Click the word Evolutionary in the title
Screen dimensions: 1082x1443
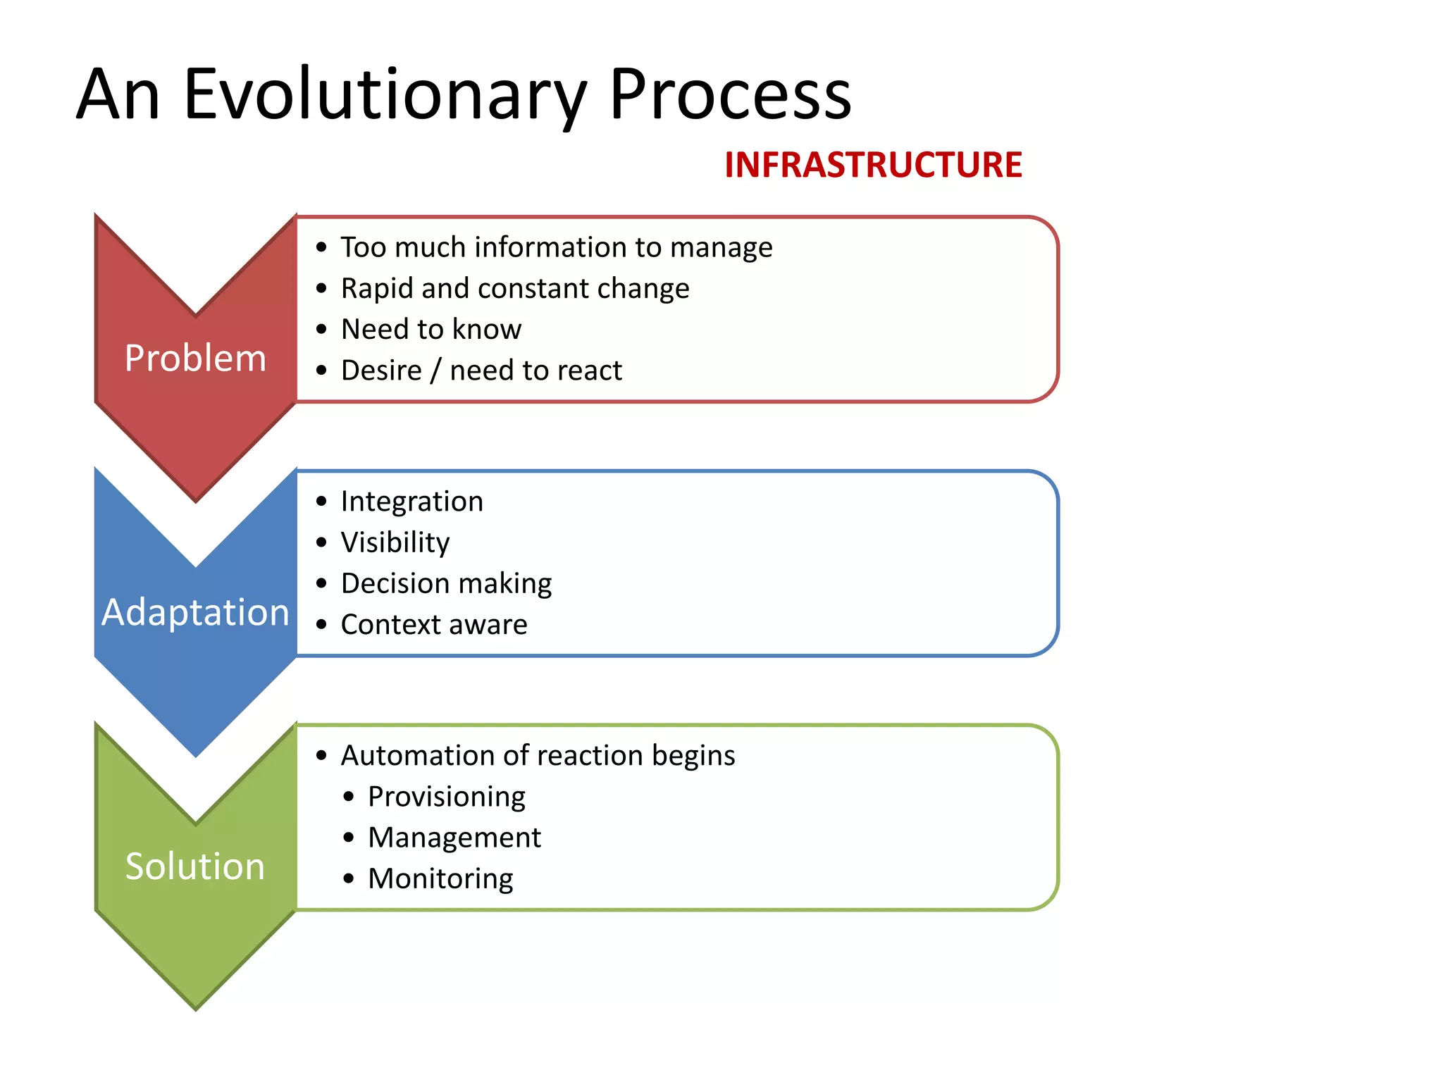point(385,95)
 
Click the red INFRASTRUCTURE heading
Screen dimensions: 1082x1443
point(872,166)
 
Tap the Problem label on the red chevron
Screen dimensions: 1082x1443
point(195,358)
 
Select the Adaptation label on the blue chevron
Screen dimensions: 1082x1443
point(195,611)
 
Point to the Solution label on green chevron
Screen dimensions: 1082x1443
point(195,866)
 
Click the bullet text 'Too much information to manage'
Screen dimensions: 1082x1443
point(556,247)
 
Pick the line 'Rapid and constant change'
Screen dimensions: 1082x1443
point(514,288)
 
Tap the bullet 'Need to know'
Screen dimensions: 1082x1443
point(431,329)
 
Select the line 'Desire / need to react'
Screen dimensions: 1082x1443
point(481,371)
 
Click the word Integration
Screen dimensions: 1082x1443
point(412,502)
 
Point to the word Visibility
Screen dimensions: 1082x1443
point(395,542)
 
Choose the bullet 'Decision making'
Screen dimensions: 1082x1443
point(446,583)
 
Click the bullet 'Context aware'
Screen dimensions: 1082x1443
point(434,625)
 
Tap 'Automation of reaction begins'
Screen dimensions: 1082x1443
point(538,755)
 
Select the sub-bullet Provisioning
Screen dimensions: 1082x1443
point(446,797)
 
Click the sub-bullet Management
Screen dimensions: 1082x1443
point(454,838)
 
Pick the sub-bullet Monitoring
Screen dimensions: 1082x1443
point(440,878)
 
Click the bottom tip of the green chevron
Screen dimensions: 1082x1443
point(196,1006)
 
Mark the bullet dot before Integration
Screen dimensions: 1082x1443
point(322,502)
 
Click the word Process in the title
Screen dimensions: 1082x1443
point(730,95)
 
